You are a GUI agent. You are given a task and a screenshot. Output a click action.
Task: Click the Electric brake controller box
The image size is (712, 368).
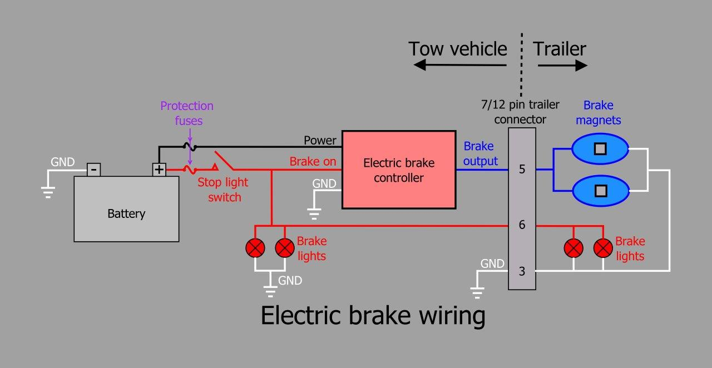coord(398,170)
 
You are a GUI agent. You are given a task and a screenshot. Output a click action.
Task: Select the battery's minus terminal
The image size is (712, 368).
coord(94,168)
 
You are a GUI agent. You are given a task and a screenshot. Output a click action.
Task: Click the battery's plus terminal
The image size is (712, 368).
coord(160,169)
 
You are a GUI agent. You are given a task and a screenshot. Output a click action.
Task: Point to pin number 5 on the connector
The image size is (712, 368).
coord(522,169)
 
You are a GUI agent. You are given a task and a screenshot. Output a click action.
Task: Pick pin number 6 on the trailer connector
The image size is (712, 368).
coord(522,225)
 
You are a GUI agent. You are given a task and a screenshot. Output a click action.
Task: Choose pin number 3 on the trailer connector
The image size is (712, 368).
coord(522,271)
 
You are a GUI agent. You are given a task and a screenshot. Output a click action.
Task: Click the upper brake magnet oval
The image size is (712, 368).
coord(600,149)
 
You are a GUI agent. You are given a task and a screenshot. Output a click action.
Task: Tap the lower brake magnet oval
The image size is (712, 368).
coord(600,191)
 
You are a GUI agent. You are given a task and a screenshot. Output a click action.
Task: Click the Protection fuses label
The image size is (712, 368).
coord(187,113)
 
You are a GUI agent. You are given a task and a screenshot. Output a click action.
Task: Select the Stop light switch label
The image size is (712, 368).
coord(223,190)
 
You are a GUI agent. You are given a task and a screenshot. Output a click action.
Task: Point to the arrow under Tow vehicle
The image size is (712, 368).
coord(459,66)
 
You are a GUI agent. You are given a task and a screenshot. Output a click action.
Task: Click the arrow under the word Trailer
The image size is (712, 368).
coord(562,66)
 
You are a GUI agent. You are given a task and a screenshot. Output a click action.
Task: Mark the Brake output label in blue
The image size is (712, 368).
coord(479,153)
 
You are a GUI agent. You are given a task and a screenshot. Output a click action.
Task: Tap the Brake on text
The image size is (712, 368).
coord(313,162)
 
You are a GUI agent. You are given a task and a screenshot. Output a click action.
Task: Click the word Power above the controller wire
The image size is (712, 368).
coord(320,141)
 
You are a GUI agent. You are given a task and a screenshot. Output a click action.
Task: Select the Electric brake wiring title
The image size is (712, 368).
coord(373,316)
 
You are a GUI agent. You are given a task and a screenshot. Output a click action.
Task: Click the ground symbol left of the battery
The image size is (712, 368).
coord(48,192)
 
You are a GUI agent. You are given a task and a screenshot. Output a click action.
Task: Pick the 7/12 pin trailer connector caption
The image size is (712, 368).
coord(521,112)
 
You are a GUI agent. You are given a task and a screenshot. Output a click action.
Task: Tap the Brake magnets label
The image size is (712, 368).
coord(598,112)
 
